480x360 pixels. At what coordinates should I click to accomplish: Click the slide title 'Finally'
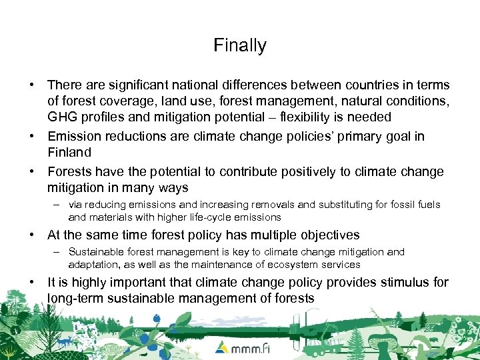(240, 45)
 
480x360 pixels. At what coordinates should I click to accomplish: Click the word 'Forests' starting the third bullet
(70, 171)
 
